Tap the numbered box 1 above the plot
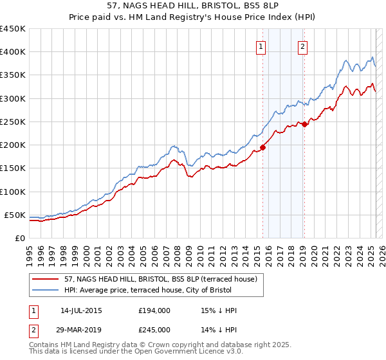[x=261, y=46]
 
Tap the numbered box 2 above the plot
[x=302, y=46]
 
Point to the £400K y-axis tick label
[x=13, y=52]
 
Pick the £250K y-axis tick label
[x=13, y=122]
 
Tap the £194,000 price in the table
[x=154, y=310]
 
